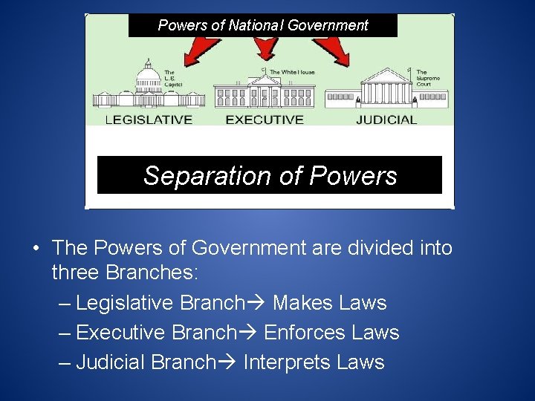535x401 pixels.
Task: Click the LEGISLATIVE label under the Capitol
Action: pos(149,119)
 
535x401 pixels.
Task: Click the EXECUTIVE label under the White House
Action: pos(265,119)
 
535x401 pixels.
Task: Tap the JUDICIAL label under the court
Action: pos(386,119)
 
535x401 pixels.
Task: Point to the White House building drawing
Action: pos(265,94)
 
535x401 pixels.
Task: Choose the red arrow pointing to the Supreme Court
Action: pos(334,50)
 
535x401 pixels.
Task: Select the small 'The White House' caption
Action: pos(292,72)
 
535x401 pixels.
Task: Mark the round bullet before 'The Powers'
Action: pos(36,249)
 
